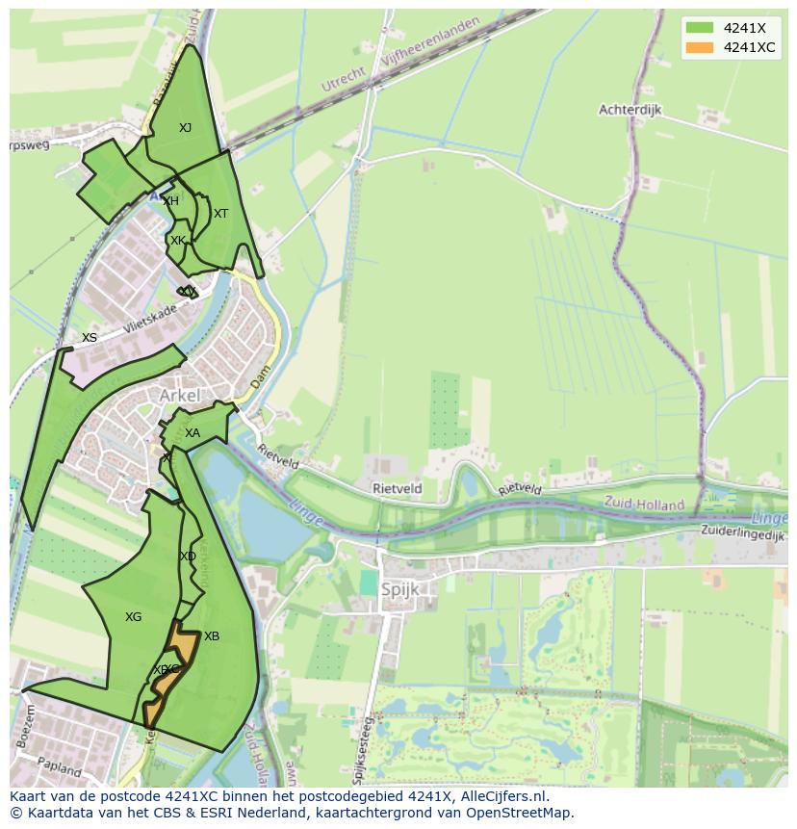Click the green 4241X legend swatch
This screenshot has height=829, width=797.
click(700, 27)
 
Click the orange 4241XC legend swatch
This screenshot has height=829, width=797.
click(700, 47)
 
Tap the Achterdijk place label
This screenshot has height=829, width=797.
click(630, 110)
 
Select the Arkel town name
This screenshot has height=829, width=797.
click(180, 396)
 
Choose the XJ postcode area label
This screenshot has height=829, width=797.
click(185, 127)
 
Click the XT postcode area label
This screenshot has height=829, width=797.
click(220, 214)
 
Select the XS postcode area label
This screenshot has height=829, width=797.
click(90, 338)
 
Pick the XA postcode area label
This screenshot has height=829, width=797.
click(193, 433)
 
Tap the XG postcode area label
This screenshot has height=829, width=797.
click(133, 617)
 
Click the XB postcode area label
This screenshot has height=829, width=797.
click(212, 636)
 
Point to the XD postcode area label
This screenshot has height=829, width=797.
click(188, 557)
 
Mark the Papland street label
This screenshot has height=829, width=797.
click(60, 765)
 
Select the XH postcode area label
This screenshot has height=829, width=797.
click(170, 201)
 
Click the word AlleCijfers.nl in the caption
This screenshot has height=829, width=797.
click(502, 796)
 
